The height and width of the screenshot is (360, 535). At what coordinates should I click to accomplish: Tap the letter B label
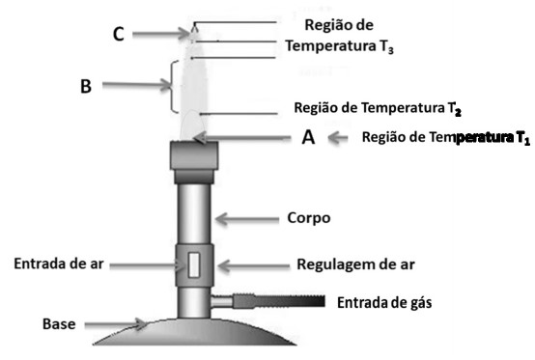85,86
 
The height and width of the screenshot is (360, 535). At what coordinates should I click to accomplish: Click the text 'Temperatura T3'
340,45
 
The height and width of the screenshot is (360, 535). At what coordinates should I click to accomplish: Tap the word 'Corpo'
309,218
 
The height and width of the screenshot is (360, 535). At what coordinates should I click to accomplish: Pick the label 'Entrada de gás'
383,303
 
